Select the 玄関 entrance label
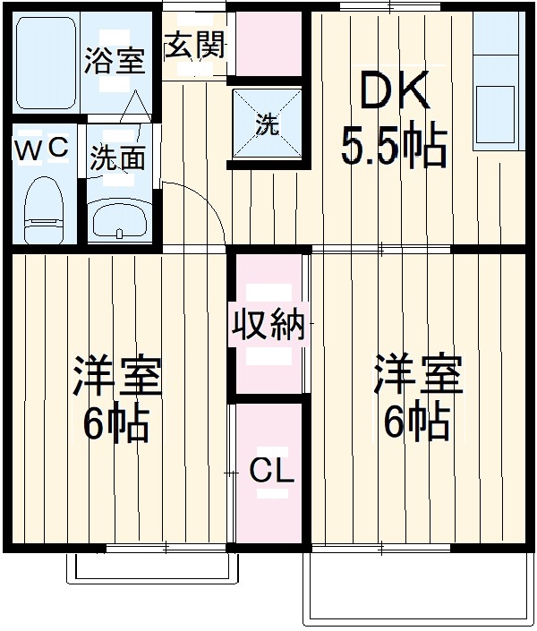click(x=194, y=44)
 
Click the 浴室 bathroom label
click(x=115, y=62)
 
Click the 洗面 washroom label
click(x=117, y=158)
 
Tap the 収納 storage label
click(x=269, y=324)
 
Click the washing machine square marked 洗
click(x=268, y=126)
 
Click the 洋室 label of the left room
click(x=118, y=377)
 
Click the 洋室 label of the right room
click(x=418, y=377)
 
